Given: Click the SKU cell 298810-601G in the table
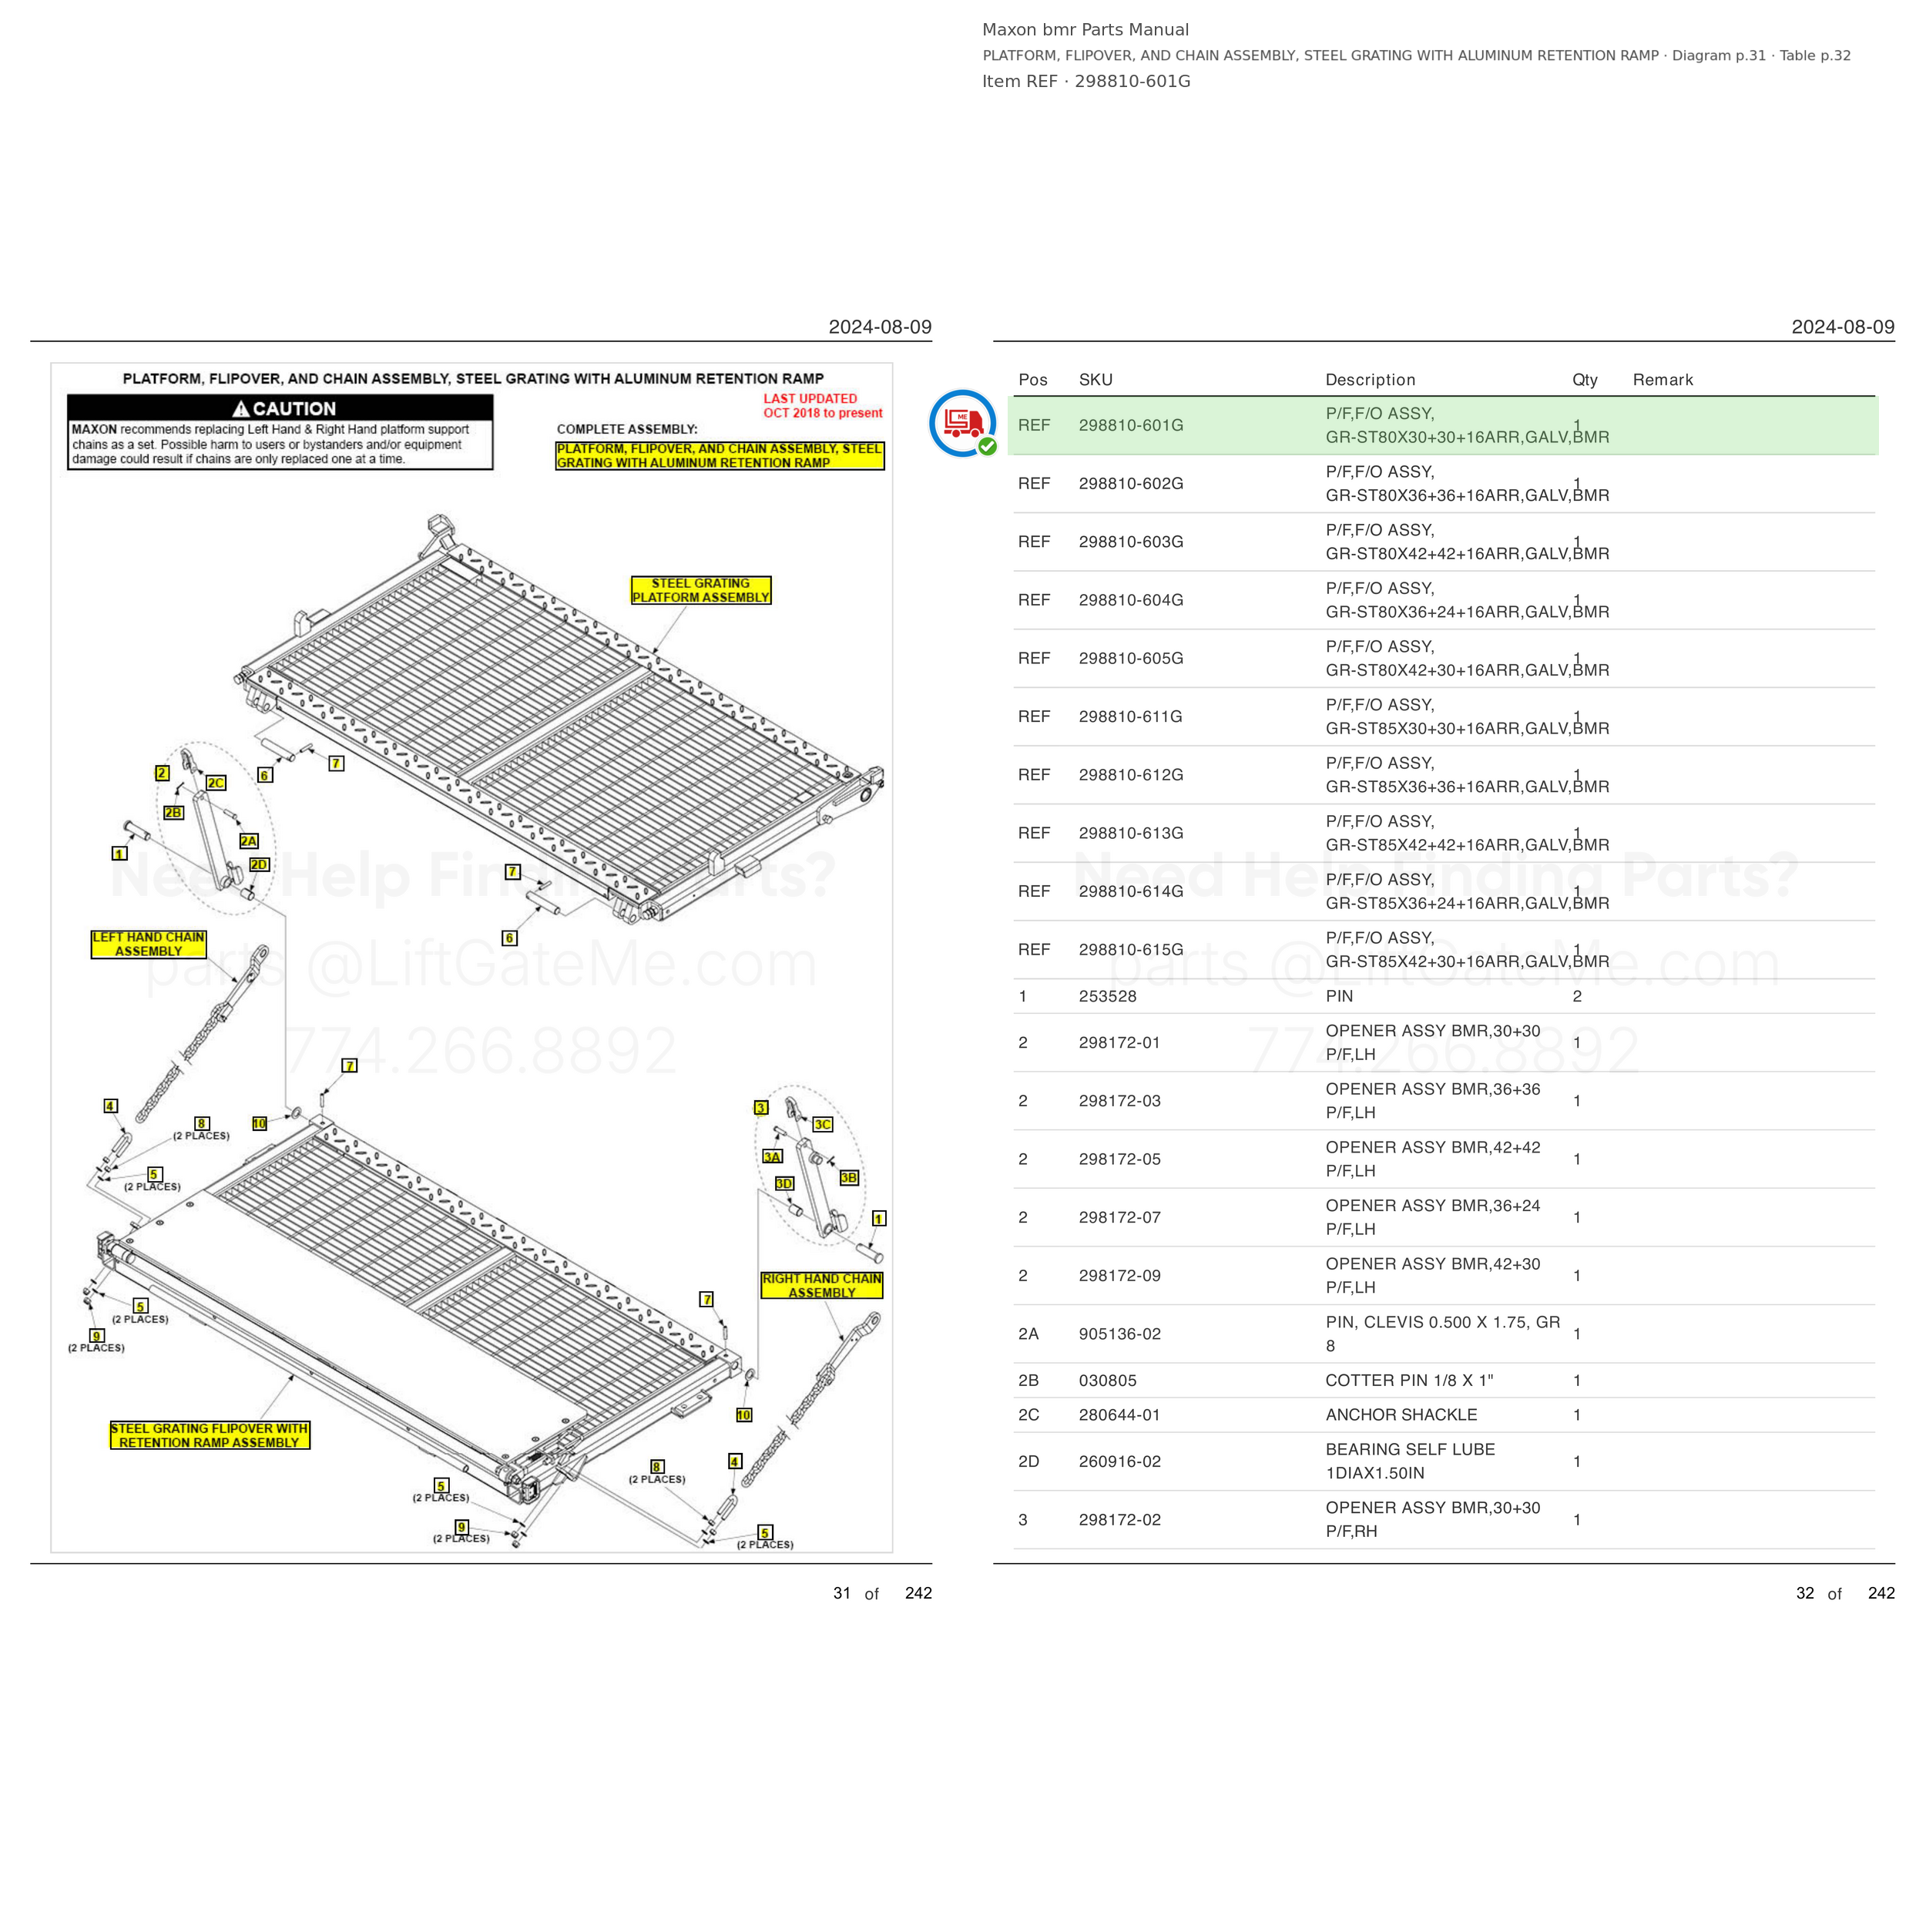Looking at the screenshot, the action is point(1130,426).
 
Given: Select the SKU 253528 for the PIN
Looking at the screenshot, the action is point(1108,996).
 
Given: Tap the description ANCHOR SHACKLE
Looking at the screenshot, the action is point(1401,1414).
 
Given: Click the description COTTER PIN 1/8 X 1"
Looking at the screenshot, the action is point(1408,1381).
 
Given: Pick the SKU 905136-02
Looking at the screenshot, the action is point(1119,1334).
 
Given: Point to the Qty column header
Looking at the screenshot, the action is point(1584,380).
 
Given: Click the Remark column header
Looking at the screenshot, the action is point(1663,380).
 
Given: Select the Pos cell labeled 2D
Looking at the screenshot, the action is point(1028,1461).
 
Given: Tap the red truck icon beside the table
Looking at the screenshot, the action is point(963,424).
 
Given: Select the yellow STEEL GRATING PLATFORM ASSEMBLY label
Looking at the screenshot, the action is point(701,590).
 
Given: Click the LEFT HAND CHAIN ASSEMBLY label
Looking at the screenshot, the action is point(149,944).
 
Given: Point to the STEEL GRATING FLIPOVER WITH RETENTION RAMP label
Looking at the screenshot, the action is point(210,1435).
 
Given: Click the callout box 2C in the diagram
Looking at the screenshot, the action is point(216,783).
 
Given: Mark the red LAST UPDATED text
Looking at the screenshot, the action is point(810,399).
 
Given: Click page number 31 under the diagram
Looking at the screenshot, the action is point(842,1593).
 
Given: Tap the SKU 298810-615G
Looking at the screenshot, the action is point(1130,950).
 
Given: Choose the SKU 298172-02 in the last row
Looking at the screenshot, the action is point(1119,1519).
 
